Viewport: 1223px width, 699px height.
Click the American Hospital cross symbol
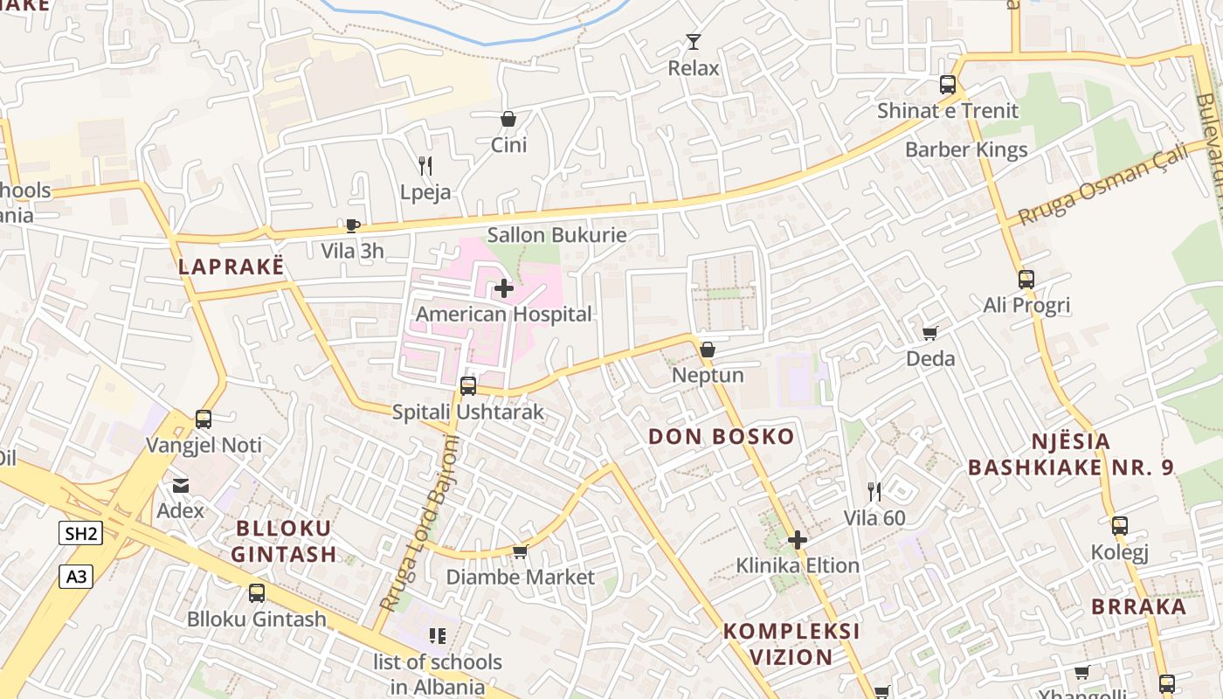pyautogui.click(x=504, y=287)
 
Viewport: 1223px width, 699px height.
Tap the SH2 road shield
pyautogui.click(x=81, y=533)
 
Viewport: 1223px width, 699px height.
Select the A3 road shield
pyautogui.click(x=76, y=576)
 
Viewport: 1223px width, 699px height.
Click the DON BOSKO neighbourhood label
pyautogui.click(x=722, y=437)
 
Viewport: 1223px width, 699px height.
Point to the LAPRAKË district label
pyautogui.click(x=231, y=266)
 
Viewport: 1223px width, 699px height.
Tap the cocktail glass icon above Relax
pyautogui.click(x=694, y=42)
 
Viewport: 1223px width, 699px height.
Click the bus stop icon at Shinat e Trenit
pyautogui.click(x=948, y=85)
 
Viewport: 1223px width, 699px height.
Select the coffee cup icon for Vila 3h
pyautogui.click(x=352, y=226)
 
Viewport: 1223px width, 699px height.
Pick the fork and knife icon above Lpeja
pyautogui.click(x=425, y=165)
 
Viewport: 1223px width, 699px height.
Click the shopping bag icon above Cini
pyautogui.click(x=508, y=119)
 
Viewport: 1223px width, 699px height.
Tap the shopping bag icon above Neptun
pyautogui.click(x=708, y=349)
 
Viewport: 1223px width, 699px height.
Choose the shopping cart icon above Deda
pyautogui.click(x=930, y=333)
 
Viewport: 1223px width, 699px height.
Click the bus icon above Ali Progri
pyautogui.click(x=1026, y=280)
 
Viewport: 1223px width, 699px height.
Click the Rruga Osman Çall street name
pyautogui.click(x=1103, y=184)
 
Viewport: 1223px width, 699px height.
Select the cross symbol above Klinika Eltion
pyautogui.click(x=798, y=540)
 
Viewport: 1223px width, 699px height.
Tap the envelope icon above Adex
pyautogui.click(x=181, y=485)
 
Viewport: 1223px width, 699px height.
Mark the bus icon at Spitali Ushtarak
pyautogui.click(x=468, y=385)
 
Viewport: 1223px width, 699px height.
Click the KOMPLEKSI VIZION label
pyautogui.click(x=791, y=644)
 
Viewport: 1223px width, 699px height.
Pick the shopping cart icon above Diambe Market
pyautogui.click(x=521, y=551)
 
